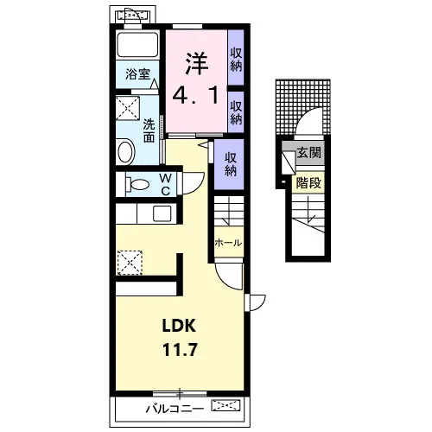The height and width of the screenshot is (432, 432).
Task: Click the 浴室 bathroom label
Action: pos(137,74)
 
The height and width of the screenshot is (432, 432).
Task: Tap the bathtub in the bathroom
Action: pos(137,45)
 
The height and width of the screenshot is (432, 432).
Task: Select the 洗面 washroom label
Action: pos(149,131)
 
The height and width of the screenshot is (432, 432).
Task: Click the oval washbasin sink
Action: pos(125,151)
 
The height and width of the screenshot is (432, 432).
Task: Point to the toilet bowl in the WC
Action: pos(137,184)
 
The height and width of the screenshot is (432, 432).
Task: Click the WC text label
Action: pos(165,184)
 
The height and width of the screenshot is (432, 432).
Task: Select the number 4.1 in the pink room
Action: pos(195,95)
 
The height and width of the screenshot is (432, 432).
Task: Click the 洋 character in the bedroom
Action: pos(197,63)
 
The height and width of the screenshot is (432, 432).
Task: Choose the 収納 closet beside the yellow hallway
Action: pos(231,164)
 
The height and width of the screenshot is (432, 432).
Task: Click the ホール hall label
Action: pos(228,243)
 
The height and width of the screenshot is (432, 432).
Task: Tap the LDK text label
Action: pos(179,326)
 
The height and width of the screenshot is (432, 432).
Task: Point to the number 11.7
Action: pos(180,350)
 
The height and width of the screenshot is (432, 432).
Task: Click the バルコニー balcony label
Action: pos(175,409)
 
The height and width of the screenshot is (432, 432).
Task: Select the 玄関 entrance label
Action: pos(309,152)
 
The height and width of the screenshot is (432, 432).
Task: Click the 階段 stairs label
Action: pos(308,182)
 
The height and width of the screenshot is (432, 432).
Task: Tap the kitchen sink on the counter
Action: pos(162,213)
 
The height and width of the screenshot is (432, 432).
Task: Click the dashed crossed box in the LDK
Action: pos(130,263)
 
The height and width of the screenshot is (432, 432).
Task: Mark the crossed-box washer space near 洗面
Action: pos(128,108)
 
